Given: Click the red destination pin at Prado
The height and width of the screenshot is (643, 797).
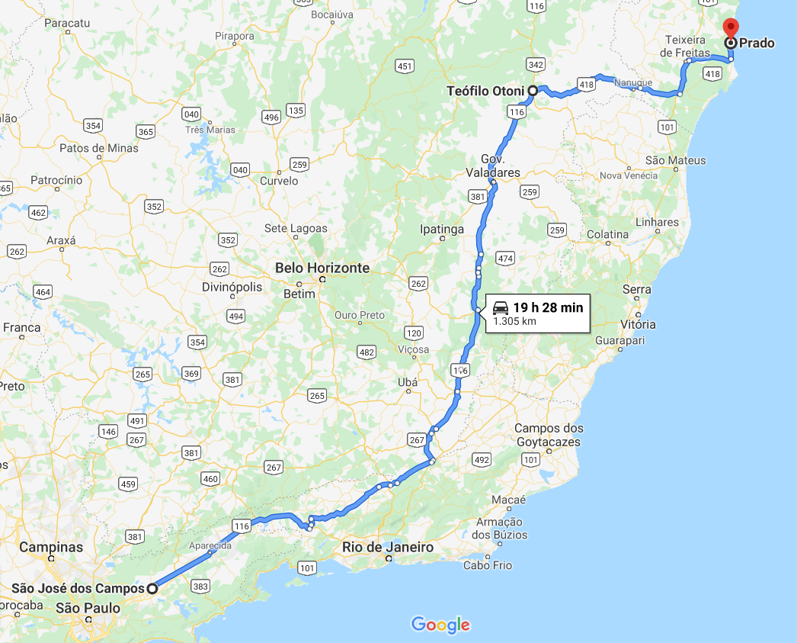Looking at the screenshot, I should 730,27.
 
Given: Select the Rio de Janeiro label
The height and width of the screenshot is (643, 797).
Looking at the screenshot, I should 387,547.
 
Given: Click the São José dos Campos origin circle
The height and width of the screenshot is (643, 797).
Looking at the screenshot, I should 152,588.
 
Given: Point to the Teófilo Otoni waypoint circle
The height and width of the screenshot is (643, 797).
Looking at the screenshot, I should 533,91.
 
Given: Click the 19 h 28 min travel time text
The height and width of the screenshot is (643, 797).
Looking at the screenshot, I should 547,307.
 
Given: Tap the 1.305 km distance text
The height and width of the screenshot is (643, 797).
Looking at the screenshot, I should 514,321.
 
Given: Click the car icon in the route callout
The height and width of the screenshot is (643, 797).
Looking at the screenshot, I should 501,308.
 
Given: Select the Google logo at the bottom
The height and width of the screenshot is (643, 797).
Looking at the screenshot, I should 440,625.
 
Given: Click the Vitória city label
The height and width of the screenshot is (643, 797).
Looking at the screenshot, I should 638,324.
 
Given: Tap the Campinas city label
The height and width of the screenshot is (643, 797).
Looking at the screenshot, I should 51,547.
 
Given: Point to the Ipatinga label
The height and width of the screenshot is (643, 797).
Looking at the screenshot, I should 442,228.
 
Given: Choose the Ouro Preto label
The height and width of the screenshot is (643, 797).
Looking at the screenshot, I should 360,315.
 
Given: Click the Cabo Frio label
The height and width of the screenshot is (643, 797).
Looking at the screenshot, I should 488,565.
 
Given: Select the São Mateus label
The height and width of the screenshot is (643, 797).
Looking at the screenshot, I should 675,160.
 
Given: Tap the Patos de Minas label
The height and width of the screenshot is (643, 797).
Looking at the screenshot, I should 99,148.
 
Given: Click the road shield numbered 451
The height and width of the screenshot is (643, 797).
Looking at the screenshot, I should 405,66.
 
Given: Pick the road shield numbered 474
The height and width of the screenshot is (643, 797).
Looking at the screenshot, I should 505,259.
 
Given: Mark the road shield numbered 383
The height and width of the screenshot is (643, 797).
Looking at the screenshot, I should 201,587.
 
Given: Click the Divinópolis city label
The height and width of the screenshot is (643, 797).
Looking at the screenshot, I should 232,287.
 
